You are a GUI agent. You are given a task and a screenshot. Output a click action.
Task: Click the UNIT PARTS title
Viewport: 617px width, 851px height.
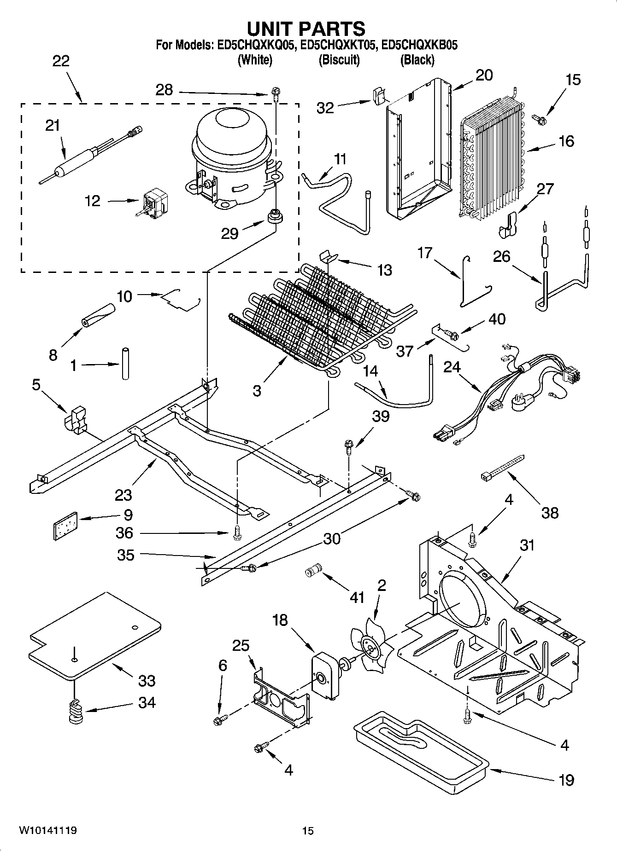(x=306, y=29)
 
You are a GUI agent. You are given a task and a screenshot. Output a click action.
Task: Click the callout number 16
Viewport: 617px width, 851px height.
(x=567, y=141)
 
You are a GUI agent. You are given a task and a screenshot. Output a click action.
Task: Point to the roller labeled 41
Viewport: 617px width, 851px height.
(x=312, y=572)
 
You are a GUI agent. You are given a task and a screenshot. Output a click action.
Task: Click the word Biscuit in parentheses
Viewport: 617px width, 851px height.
(x=339, y=59)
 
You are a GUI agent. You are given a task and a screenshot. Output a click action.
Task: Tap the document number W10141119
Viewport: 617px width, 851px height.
(x=47, y=830)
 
